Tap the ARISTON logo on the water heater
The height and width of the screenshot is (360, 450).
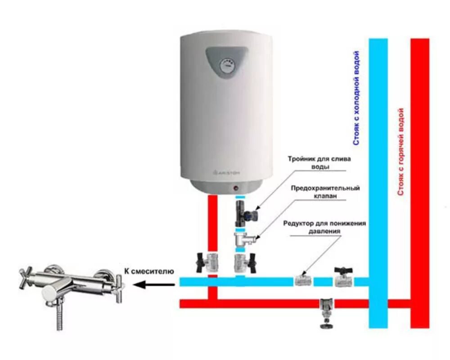pos(227,172)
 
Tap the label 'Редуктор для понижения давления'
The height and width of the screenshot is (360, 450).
pos(324,227)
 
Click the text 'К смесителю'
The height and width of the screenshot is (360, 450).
pos(148,271)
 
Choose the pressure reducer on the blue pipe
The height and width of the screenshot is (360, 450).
pos(302,281)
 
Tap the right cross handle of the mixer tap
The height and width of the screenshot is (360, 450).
pos(118,283)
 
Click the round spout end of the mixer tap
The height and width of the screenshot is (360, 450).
pos(49,294)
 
